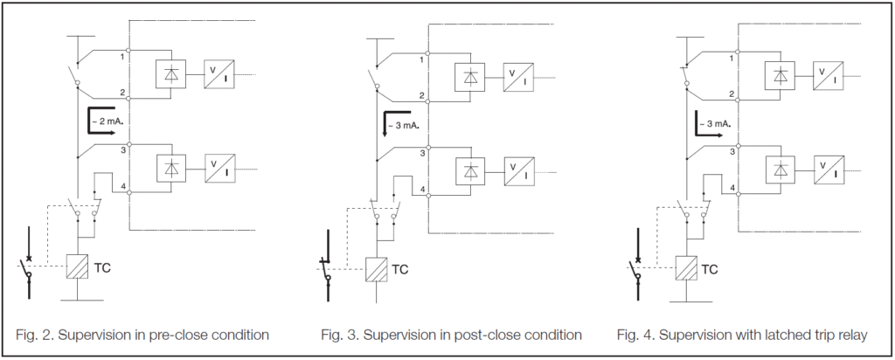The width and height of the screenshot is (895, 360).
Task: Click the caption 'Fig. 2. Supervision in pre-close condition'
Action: [x=142, y=335]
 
